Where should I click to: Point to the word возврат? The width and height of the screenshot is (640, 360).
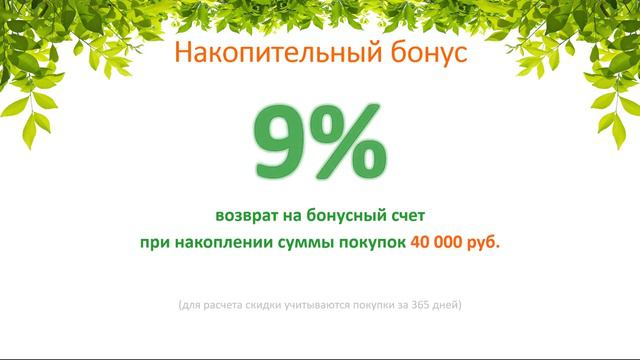(x=246, y=215)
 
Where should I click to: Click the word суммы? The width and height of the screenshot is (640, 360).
(x=294, y=243)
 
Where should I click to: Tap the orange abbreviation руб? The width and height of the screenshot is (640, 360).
(x=484, y=243)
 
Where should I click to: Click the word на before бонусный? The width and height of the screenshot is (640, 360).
(x=292, y=215)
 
